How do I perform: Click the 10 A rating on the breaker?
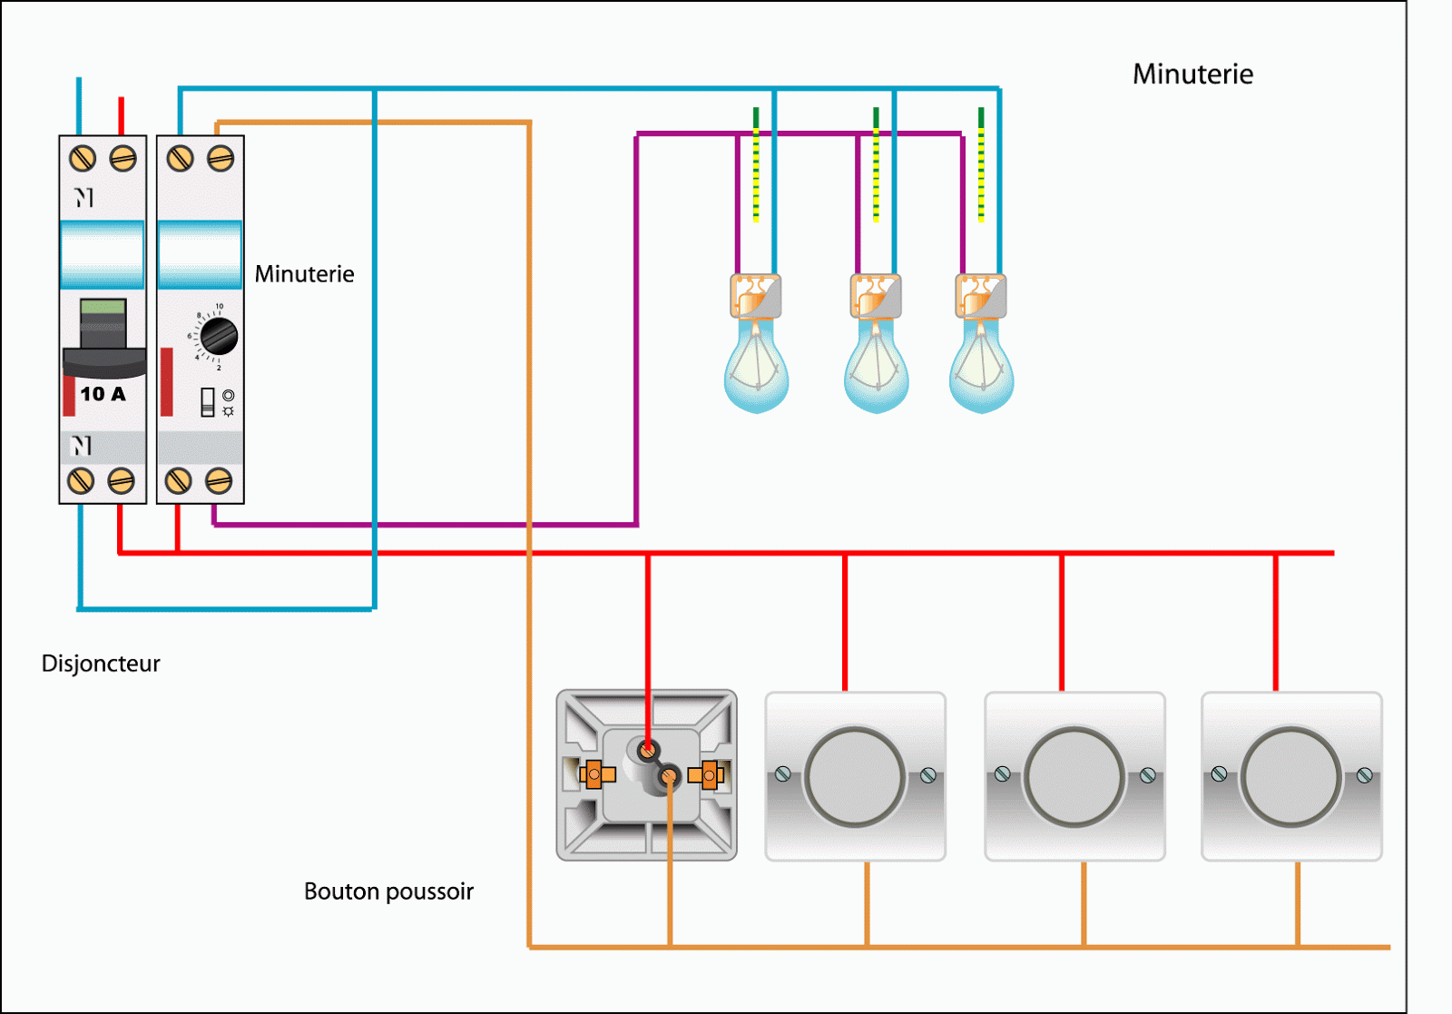(103, 394)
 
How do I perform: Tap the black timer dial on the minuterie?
(219, 337)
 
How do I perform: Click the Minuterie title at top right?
(1192, 74)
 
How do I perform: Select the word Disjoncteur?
(101, 664)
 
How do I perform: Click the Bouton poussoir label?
(388, 891)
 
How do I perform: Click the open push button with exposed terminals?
(646, 775)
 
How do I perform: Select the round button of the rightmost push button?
(1290, 777)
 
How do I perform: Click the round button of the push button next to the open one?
(854, 777)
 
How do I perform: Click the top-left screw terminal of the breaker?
(83, 159)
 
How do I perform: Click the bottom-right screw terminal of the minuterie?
(219, 480)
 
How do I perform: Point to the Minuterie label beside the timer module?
(304, 274)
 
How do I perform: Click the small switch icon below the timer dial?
(208, 402)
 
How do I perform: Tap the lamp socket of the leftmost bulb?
(755, 296)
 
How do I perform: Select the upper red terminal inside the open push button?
(647, 750)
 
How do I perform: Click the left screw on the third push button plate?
(1002, 774)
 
